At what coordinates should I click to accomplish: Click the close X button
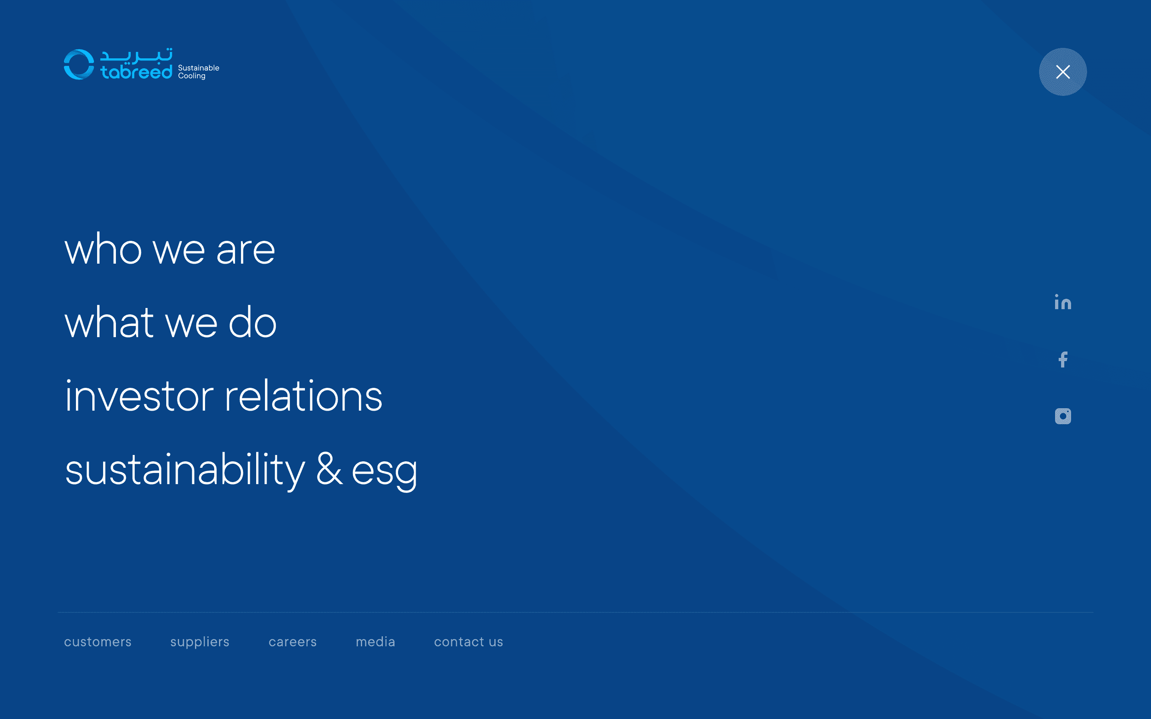point(1063,72)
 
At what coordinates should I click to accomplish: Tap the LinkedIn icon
point(1063,302)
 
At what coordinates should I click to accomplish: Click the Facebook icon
point(1063,359)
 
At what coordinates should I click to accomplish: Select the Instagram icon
point(1063,416)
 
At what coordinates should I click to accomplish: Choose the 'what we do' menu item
point(170,322)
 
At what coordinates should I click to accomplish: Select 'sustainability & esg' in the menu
point(241,470)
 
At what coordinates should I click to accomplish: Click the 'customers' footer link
point(98,642)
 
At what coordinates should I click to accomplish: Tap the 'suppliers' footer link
point(200,642)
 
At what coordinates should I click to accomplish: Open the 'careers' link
point(293,642)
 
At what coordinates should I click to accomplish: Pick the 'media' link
point(375,642)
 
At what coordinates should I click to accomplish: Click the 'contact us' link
point(468,642)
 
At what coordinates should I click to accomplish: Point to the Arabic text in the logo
point(137,56)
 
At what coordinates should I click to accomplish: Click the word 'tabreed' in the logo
point(137,72)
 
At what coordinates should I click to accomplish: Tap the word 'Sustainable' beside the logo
point(198,68)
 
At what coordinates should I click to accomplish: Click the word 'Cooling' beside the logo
point(192,76)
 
